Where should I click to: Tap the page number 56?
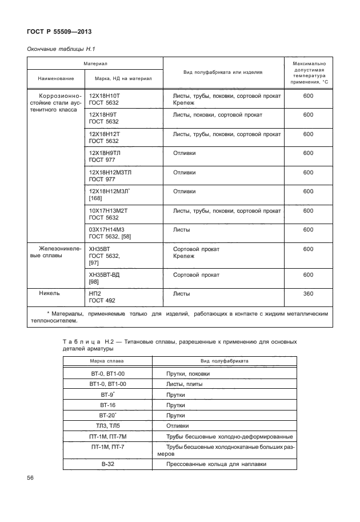click(31, 478)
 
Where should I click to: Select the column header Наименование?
click(56, 78)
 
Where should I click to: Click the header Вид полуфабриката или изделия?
click(223, 73)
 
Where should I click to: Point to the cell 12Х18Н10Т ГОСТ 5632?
click(106, 100)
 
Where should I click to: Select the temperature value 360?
click(308, 294)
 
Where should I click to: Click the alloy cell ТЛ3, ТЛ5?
click(107, 426)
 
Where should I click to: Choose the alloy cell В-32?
click(107, 464)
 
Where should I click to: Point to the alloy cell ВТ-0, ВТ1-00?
click(107, 374)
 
